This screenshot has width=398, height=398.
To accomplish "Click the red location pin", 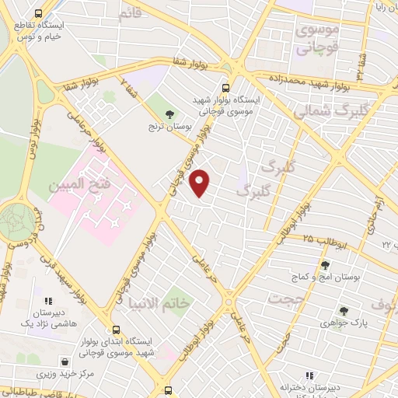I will [x=201, y=183].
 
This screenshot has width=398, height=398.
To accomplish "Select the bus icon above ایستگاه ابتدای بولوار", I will [x=116, y=330].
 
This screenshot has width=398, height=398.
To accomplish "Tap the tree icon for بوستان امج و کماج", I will [x=324, y=265].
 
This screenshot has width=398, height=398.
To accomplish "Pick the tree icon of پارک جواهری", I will [x=343, y=311].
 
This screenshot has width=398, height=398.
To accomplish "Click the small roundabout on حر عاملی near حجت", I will [x=229, y=301].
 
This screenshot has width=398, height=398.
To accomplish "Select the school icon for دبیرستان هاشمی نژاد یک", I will [x=48, y=300].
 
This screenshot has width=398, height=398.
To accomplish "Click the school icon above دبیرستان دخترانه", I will [x=309, y=375].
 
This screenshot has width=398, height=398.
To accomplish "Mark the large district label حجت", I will [x=284, y=298].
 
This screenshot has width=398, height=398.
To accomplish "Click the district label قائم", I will [x=130, y=13].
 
